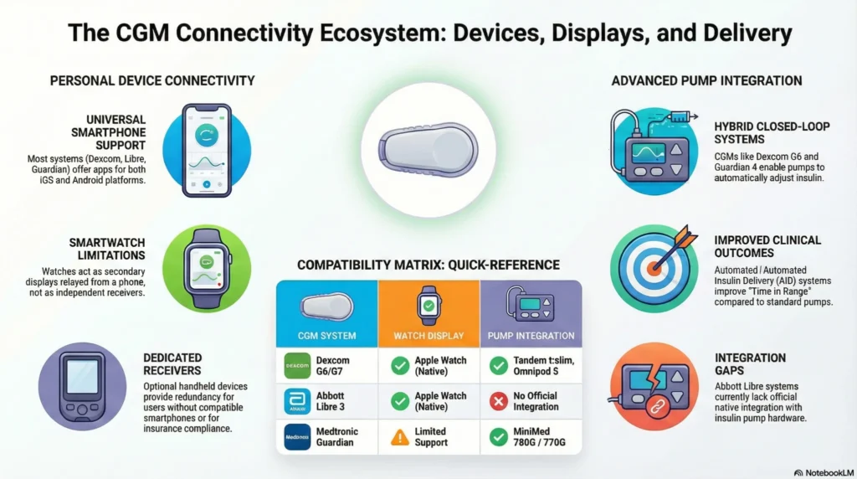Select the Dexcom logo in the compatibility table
pyautogui.click(x=297, y=366)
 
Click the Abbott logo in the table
pyautogui.click(x=297, y=401)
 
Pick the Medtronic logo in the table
pyautogui.click(x=297, y=436)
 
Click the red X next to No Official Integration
pyautogui.click(x=499, y=401)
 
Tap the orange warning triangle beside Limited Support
pyautogui.click(x=398, y=436)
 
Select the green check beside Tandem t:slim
pyautogui.click(x=499, y=366)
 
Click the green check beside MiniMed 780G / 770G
pyautogui.click(x=499, y=436)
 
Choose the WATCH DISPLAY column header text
pyautogui.click(x=428, y=336)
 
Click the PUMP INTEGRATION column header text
pyautogui.click(x=531, y=336)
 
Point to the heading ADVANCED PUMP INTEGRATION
pyautogui.click(x=706, y=81)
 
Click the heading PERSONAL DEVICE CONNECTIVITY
pyautogui.click(x=152, y=81)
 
